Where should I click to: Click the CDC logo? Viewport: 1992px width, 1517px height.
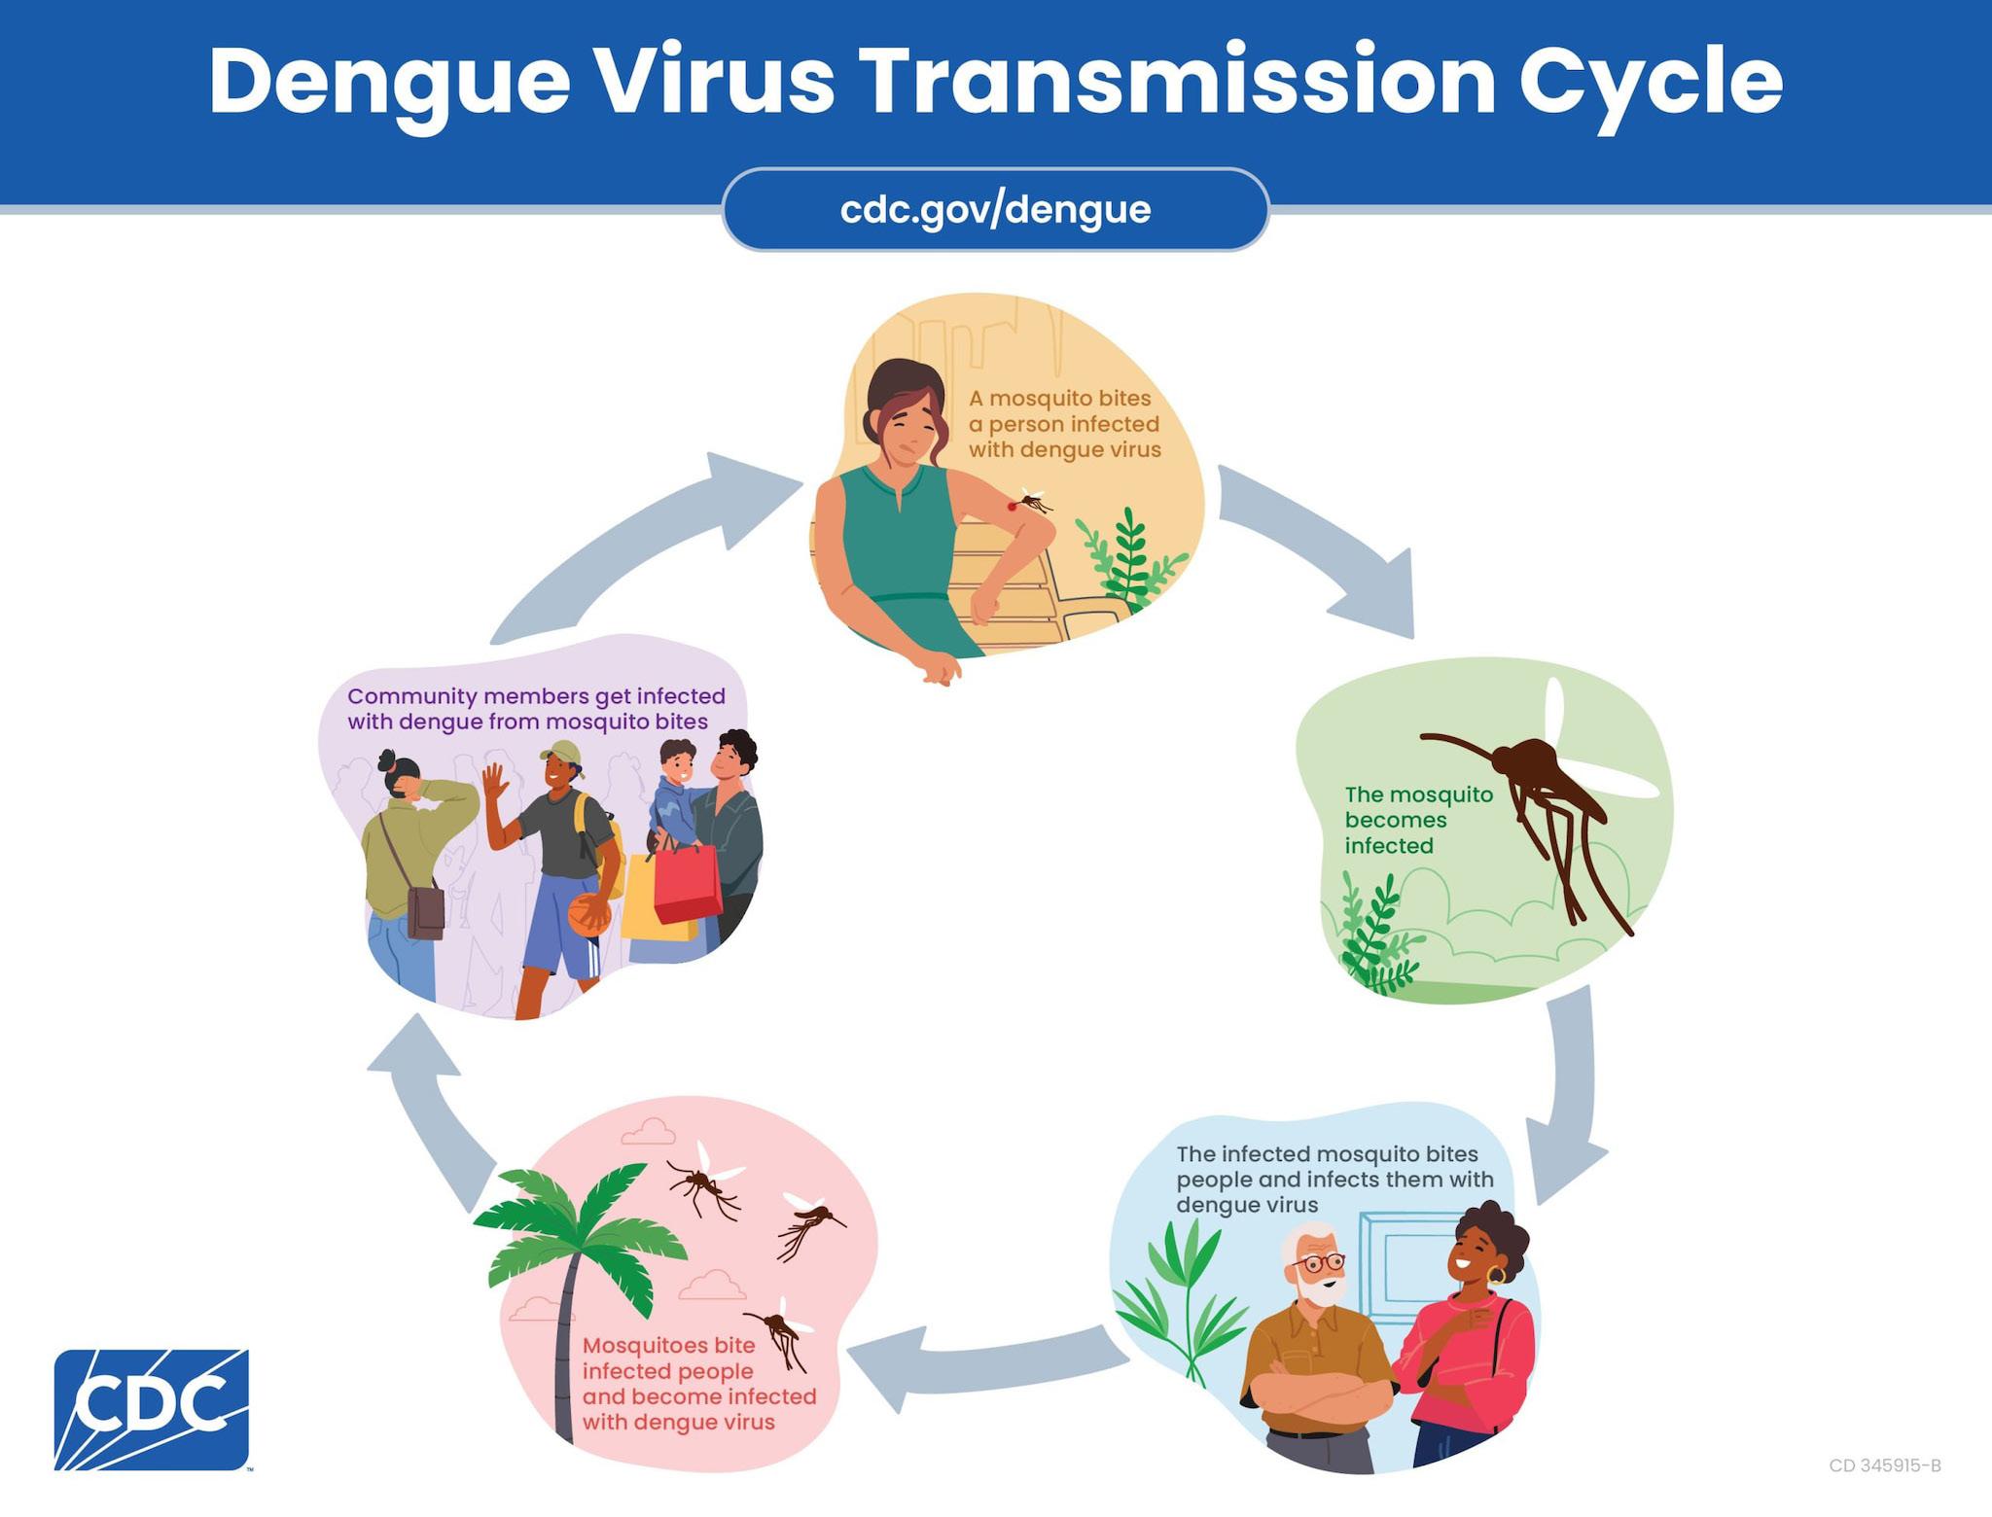151,1409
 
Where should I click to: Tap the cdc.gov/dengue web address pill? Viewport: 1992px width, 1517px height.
995,210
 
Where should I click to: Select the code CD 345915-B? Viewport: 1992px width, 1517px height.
1884,1465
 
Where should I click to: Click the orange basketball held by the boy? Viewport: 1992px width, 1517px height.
587,915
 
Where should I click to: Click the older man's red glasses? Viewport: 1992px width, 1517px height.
1321,1263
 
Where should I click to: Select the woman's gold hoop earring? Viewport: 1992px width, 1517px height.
1496,1274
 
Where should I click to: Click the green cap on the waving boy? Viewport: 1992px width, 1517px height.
561,753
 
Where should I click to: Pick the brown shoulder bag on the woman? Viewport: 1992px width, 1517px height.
424,911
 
